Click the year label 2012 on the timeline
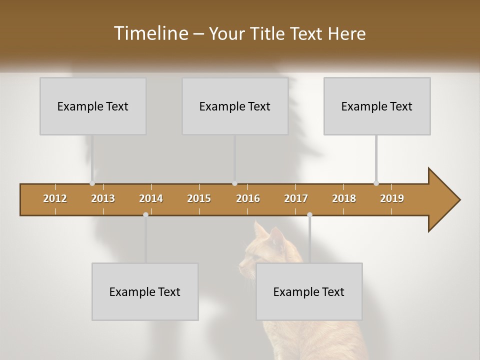55,198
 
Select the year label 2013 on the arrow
103,198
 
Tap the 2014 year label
151,198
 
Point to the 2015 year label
199,198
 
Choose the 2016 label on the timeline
248,198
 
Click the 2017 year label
296,198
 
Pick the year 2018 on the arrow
344,198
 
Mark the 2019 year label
392,198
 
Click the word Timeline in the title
149,33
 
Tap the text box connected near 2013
93,106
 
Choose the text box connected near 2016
235,106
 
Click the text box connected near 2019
377,106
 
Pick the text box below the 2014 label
145,291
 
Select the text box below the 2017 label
309,291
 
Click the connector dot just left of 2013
92,183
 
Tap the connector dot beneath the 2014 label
145,214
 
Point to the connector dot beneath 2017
309,214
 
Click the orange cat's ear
260,230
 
